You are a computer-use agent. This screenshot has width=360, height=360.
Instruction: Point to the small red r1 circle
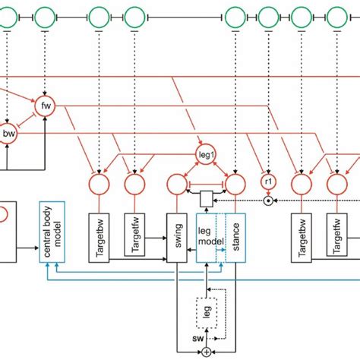268,182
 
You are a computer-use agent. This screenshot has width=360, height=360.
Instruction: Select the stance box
235,237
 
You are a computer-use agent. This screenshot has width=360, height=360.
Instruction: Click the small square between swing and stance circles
205,199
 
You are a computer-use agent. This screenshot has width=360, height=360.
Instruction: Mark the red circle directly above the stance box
235,183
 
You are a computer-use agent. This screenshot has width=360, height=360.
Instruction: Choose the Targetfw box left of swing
134,237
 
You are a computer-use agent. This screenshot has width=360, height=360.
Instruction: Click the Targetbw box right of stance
302,237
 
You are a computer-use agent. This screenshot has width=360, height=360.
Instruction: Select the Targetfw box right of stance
335,237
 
